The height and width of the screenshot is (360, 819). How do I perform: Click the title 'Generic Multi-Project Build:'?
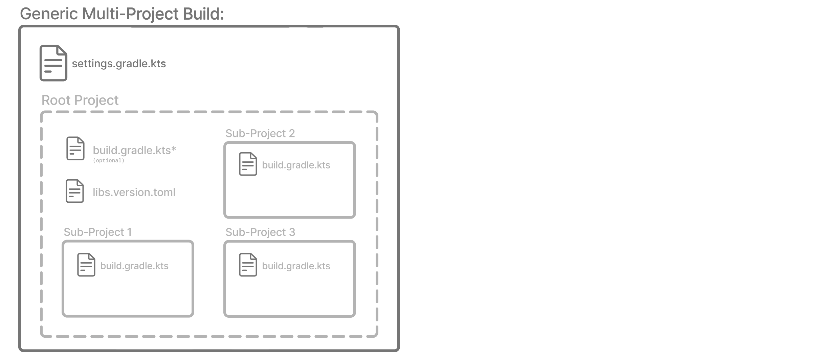tap(122, 14)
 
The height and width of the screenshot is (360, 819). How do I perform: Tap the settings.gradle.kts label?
tap(119, 64)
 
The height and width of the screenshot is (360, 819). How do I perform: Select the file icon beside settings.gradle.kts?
tap(53, 63)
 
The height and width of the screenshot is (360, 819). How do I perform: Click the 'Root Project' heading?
tap(80, 100)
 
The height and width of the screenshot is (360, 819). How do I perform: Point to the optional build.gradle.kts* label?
tap(134, 151)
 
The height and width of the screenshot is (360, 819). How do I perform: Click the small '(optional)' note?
tap(109, 161)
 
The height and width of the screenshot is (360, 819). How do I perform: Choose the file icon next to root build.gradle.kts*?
tap(75, 149)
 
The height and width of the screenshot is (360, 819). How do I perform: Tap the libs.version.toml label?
tap(134, 192)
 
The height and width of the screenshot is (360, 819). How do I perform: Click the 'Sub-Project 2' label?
tap(260, 134)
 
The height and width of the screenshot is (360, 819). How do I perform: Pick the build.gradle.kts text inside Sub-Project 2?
tap(296, 165)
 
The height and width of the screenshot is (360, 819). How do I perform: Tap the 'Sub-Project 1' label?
tap(97, 232)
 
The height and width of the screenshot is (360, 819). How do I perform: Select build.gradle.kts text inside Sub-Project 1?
tap(134, 266)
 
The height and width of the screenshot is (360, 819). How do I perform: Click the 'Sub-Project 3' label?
tap(260, 232)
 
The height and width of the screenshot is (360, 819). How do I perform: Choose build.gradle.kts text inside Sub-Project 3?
tap(296, 266)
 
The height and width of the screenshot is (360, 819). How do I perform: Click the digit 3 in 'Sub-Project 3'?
tap(292, 232)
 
